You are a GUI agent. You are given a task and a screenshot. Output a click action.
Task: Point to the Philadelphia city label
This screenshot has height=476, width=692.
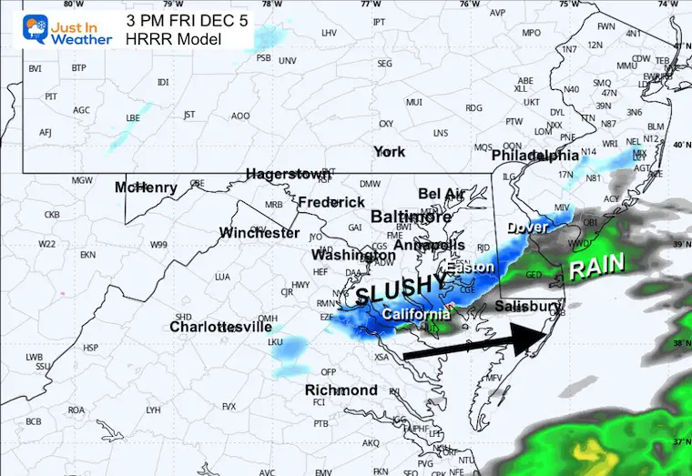pyautogui.click(x=535, y=157)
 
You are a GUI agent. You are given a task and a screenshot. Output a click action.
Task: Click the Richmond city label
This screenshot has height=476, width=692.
pyautogui.click(x=341, y=390)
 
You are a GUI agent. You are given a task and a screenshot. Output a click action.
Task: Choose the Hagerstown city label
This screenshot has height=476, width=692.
pyautogui.click(x=288, y=174)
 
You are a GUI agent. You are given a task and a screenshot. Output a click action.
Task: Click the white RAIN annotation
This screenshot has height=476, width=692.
pyautogui.click(x=596, y=265)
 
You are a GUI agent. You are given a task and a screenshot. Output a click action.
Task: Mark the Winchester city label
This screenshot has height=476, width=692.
pyautogui.click(x=259, y=233)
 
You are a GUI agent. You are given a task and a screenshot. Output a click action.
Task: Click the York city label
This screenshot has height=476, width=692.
pyautogui.click(x=389, y=151)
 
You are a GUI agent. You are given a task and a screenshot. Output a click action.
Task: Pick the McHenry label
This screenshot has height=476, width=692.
pyautogui.click(x=146, y=187)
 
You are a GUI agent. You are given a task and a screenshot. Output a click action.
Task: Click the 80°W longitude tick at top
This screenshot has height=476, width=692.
pyautogui.click(x=67, y=4)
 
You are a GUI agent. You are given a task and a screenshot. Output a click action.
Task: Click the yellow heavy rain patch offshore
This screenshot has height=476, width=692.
pyautogui.click(x=590, y=448)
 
